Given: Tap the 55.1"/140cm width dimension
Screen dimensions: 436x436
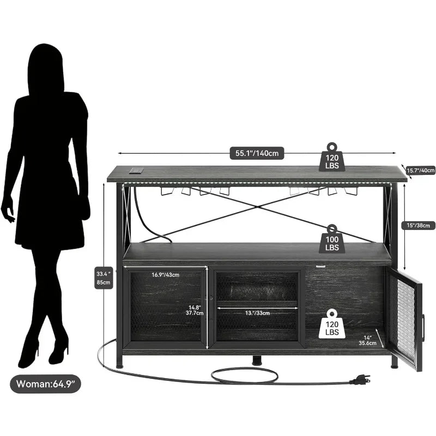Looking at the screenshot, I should point(257,154).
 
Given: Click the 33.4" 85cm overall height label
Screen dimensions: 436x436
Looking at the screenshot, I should point(104,278).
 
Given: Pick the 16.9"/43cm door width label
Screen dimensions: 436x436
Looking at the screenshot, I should point(166,275).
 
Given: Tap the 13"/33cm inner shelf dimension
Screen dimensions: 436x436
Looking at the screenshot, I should point(256,313).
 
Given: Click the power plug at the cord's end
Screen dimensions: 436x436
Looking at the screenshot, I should point(360,378).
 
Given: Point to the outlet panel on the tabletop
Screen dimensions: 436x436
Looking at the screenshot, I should point(136,171).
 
